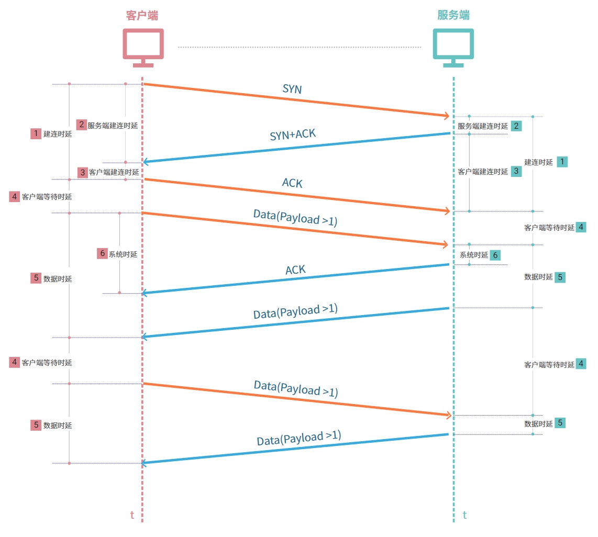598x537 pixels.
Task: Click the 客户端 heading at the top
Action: [x=142, y=15]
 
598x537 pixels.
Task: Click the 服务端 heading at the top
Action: [x=453, y=15]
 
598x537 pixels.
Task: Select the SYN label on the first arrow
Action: [x=292, y=89]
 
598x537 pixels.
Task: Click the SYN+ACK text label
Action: [x=293, y=135]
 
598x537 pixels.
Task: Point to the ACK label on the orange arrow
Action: [x=292, y=183]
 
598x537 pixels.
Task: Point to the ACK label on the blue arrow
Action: [x=295, y=270]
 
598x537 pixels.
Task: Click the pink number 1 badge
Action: [x=36, y=133]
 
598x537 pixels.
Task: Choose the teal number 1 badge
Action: [x=562, y=162]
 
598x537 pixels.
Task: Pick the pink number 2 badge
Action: [x=81, y=125]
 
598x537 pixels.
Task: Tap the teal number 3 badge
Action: [x=516, y=171]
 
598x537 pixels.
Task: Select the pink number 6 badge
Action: [x=102, y=254]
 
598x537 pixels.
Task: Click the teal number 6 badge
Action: [x=495, y=255]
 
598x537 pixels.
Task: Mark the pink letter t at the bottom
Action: [x=132, y=515]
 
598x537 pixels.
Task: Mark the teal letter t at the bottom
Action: [x=464, y=515]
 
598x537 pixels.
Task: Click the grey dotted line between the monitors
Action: [x=298, y=47]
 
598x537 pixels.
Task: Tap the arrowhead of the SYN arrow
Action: [x=447, y=115]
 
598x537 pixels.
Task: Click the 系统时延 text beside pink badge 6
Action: [x=123, y=254]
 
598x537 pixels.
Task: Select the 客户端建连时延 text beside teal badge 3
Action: [x=483, y=171]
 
